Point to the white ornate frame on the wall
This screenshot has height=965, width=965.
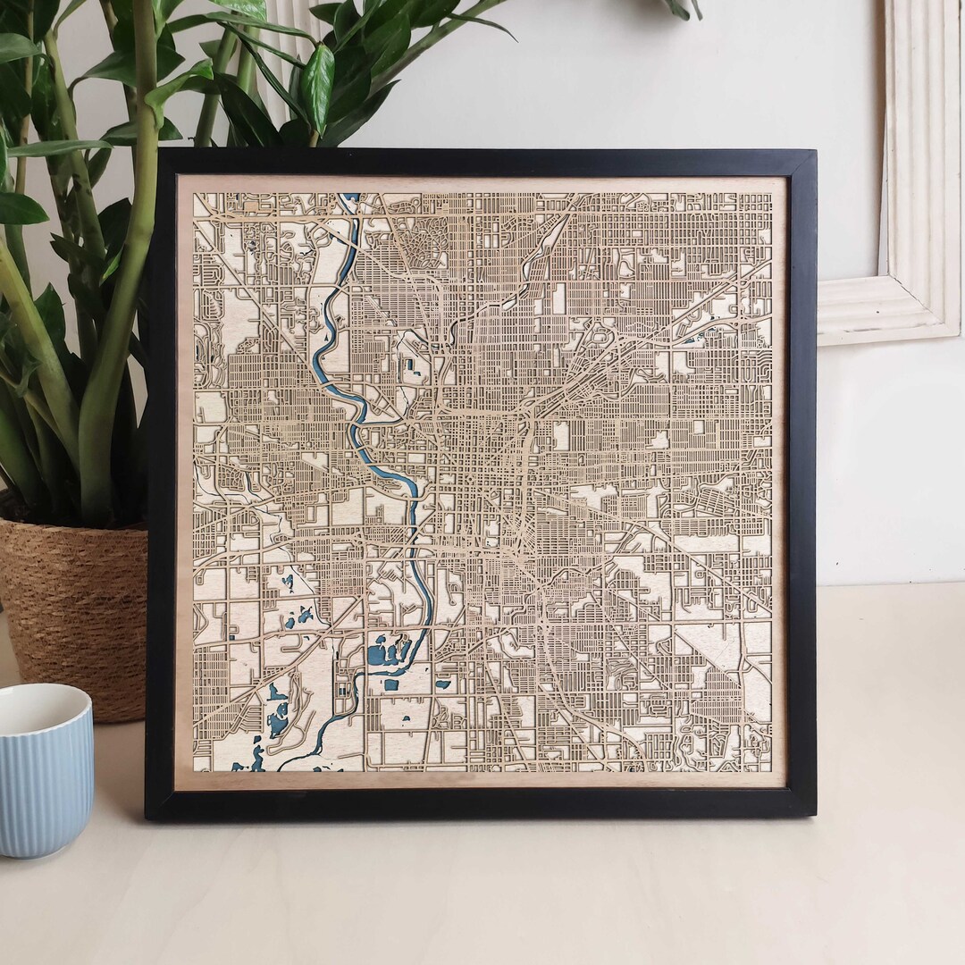pyautogui.click(x=911, y=179)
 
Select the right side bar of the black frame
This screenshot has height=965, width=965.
pyautogui.click(x=801, y=482)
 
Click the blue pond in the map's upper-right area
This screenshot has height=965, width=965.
pyautogui.click(x=693, y=340)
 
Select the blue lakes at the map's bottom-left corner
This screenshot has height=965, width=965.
pyautogui.click(x=250, y=759)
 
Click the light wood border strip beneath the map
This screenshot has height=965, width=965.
pyautogui.click(x=482, y=778)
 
